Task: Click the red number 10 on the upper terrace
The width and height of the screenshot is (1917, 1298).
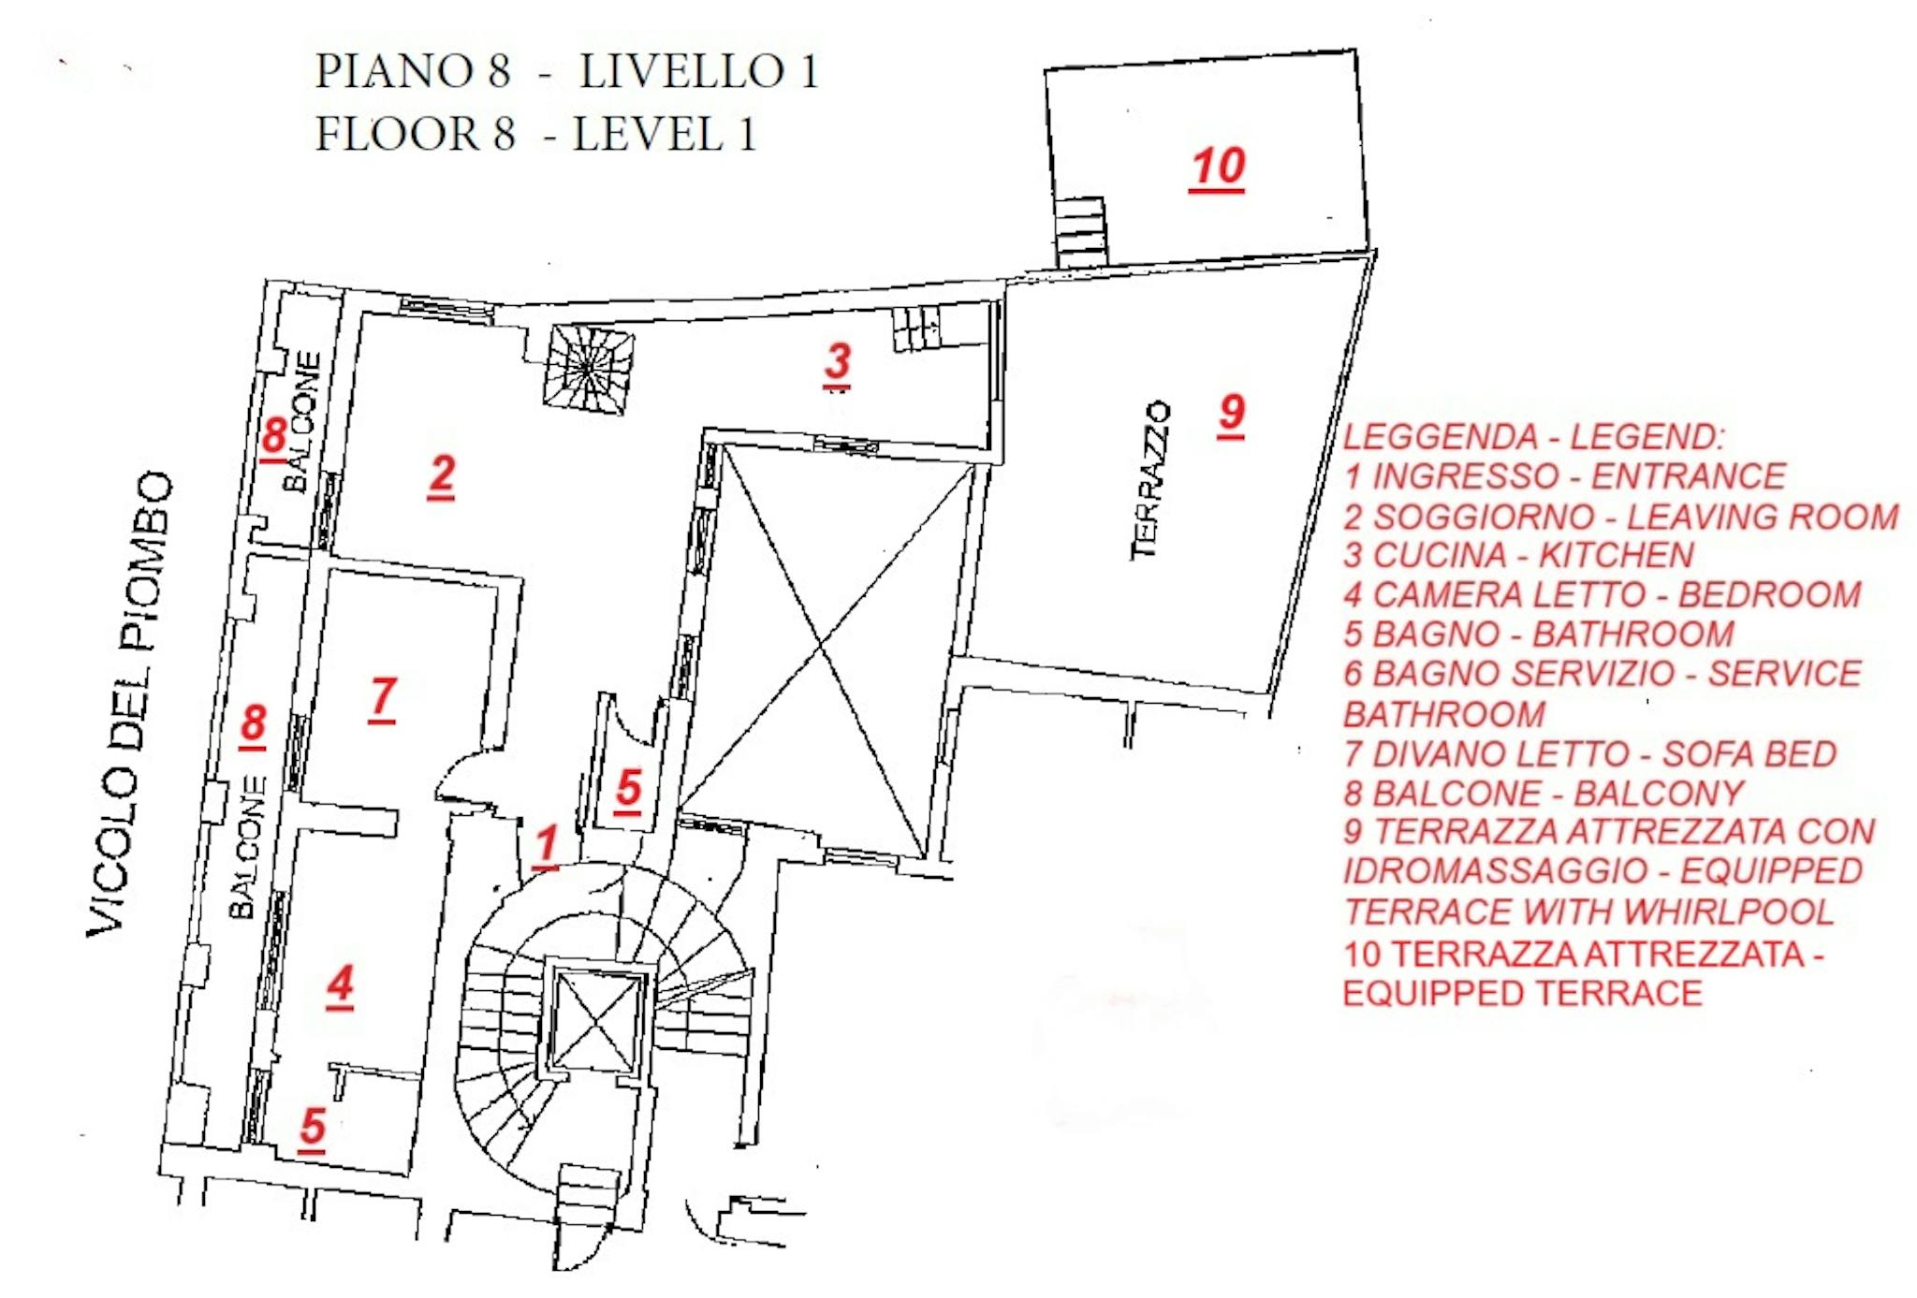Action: click(1217, 168)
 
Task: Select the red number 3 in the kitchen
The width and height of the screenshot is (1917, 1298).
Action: click(838, 361)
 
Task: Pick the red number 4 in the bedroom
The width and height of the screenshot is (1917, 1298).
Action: click(341, 984)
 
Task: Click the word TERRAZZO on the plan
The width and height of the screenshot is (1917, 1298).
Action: click(1151, 480)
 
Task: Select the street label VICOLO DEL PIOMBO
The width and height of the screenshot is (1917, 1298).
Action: click(131, 702)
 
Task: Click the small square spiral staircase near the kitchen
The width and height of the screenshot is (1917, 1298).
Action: click(588, 369)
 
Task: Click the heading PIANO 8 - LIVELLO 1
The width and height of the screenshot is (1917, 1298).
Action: click(566, 71)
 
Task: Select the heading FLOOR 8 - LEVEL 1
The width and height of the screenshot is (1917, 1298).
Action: click(534, 134)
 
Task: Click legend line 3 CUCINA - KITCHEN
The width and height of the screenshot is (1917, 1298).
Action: click(1518, 555)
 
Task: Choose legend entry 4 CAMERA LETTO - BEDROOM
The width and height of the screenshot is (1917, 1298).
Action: click(1602, 595)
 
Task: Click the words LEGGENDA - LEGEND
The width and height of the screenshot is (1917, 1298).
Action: click(1533, 437)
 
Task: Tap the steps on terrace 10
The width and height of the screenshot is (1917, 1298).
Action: click(1081, 231)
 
